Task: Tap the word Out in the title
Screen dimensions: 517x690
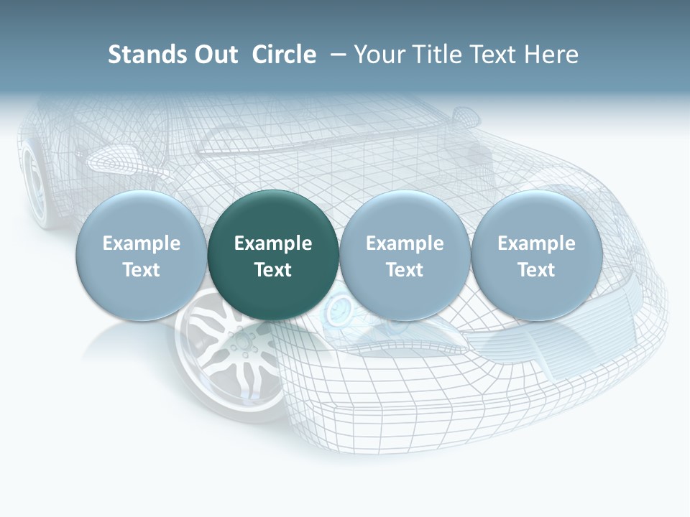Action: [214, 55]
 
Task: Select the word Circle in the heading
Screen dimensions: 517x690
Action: [284, 55]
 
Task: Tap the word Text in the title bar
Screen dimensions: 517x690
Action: [489, 55]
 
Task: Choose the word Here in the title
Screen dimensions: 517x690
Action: [551, 55]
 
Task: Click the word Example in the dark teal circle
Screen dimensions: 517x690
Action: [273, 243]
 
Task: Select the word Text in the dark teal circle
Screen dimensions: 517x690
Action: [273, 270]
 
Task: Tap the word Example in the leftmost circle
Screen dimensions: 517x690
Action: [142, 243]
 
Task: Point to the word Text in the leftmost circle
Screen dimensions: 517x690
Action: [142, 270]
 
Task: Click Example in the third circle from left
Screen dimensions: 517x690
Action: [405, 243]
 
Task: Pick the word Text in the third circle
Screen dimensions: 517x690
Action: [405, 270]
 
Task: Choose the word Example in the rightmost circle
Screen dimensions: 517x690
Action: [536, 243]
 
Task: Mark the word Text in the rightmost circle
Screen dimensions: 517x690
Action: [536, 270]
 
